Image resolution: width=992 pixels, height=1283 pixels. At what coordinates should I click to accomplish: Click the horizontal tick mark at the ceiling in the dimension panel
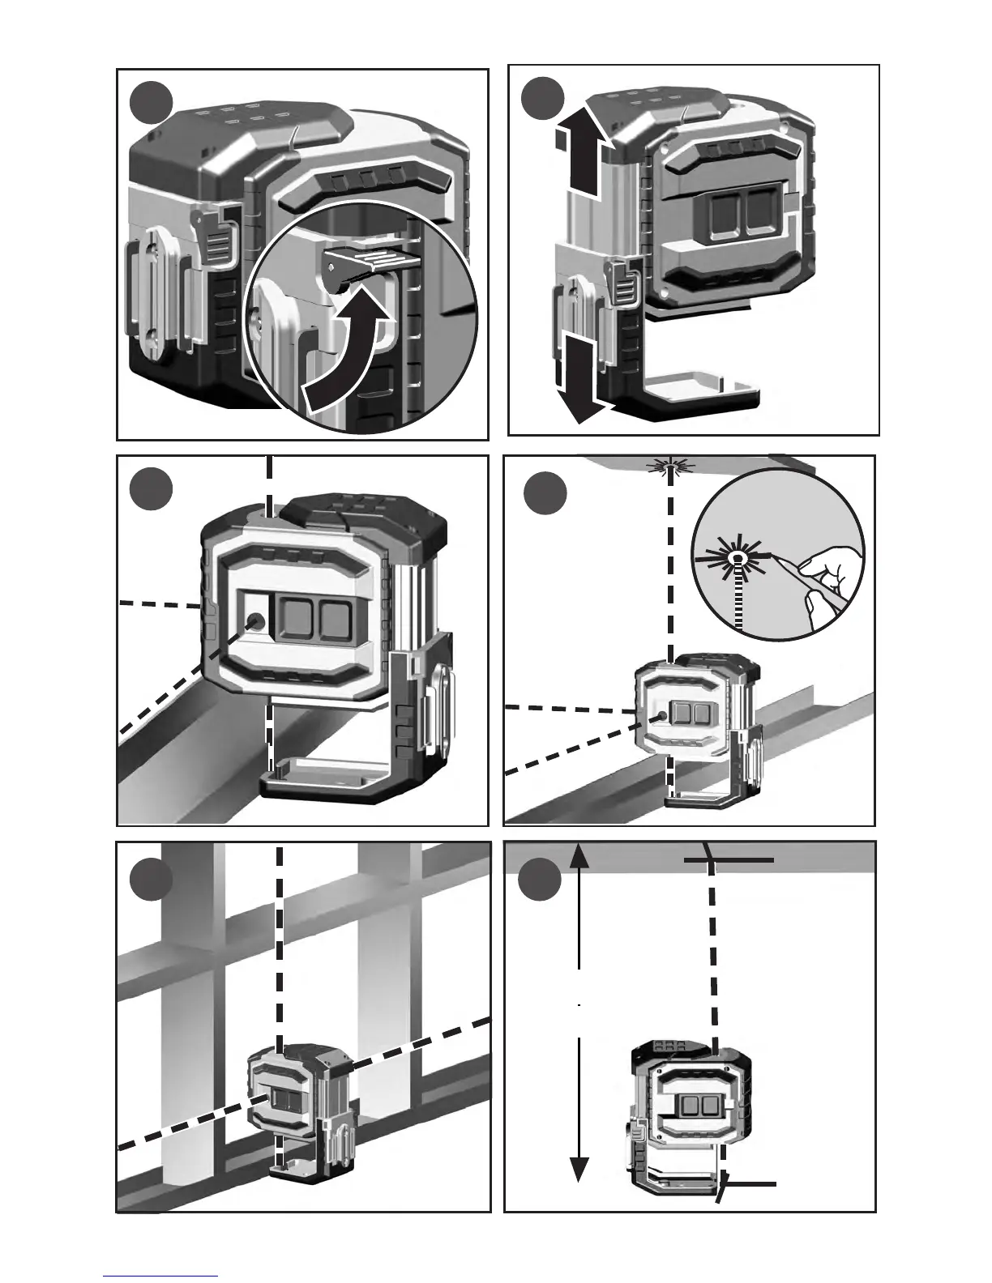pos(729,860)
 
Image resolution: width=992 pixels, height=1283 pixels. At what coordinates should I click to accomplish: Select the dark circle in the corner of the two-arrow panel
pos(541,100)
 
